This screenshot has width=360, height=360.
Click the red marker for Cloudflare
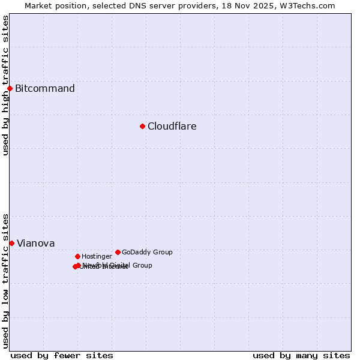click(142, 126)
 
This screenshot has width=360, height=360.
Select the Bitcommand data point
click(10, 89)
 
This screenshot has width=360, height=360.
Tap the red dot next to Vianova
click(11, 243)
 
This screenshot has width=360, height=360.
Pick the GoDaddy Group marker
click(118, 252)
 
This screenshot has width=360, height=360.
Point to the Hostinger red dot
click(77, 256)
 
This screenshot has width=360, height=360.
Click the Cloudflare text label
click(172, 126)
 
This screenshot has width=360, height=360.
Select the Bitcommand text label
click(45, 89)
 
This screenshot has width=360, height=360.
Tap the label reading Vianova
click(35, 243)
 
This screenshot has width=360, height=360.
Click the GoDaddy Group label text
click(147, 252)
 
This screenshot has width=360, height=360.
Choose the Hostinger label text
click(97, 256)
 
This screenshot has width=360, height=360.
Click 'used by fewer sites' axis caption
click(62, 355)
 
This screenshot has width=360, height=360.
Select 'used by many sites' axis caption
click(301, 355)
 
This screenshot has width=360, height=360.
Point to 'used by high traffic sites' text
click(5, 85)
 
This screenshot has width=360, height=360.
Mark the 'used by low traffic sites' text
click(5, 280)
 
